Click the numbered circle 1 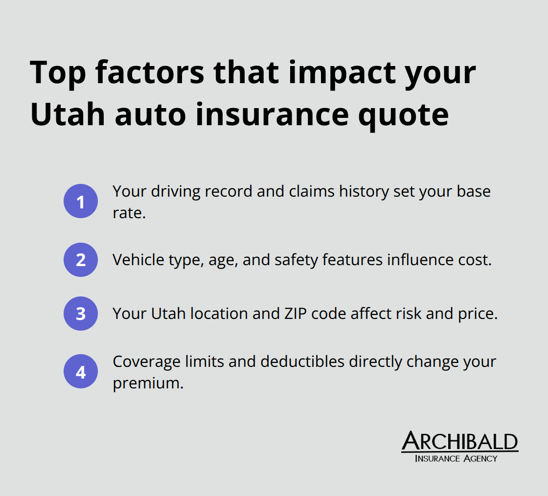tap(81, 201)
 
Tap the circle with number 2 tap(81, 260)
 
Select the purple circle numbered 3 tap(81, 314)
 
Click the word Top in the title tap(58, 72)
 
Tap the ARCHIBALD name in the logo tap(459, 442)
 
